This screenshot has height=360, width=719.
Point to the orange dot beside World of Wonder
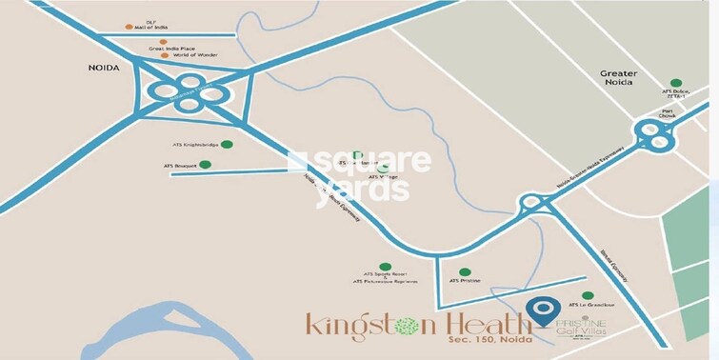(x=165, y=55)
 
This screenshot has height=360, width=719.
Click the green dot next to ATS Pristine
(x=464, y=271)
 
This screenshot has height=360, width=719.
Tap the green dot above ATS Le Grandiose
(x=588, y=295)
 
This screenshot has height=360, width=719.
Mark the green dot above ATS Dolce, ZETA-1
(x=675, y=83)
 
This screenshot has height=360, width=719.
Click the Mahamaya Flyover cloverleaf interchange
(x=188, y=92)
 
